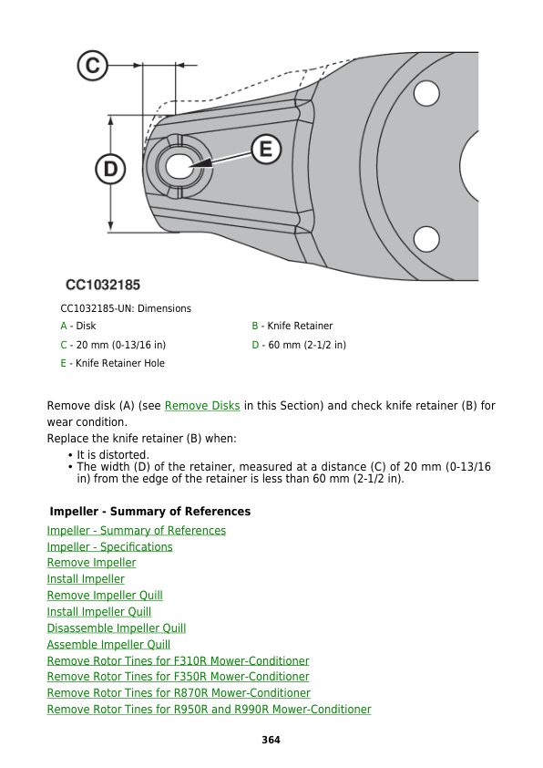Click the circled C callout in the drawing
(x=92, y=66)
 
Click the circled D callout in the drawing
(x=110, y=169)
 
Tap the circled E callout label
(x=265, y=149)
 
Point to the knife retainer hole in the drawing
(x=179, y=166)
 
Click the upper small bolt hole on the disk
(x=426, y=94)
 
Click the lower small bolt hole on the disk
(x=426, y=239)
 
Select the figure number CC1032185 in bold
(x=102, y=285)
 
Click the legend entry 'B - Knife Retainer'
(x=292, y=326)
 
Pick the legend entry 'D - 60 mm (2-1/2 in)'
(x=298, y=345)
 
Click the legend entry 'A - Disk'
(x=77, y=326)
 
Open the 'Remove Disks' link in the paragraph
(x=202, y=406)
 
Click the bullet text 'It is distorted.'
(x=113, y=454)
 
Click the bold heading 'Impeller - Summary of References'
(x=150, y=512)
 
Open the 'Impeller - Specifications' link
(x=109, y=547)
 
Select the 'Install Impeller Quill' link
(x=98, y=612)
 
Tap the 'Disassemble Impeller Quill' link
(x=116, y=628)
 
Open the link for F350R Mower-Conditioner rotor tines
(x=178, y=677)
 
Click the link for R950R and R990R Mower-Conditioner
(x=209, y=710)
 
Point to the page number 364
(x=271, y=740)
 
